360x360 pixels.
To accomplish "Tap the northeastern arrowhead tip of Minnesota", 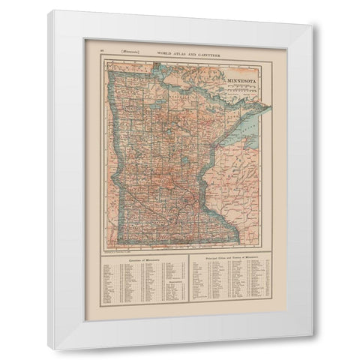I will (x=271, y=107).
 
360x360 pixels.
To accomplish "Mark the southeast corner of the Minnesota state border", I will (x=238, y=242).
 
